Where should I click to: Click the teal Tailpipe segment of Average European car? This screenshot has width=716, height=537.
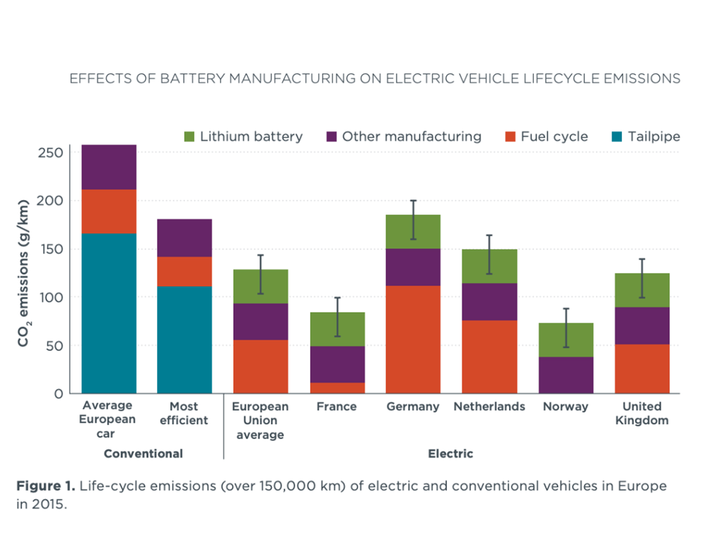[x=109, y=313]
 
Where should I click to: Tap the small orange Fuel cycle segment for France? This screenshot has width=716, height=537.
[x=337, y=388]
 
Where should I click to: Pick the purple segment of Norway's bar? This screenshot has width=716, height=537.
[x=566, y=375]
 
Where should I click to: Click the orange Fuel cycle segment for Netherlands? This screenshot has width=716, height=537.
[x=489, y=357]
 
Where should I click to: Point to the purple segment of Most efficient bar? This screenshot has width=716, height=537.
[x=184, y=238]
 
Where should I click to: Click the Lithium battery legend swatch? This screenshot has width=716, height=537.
[x=189, y=137]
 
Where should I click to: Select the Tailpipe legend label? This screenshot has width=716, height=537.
[x=654, y=137]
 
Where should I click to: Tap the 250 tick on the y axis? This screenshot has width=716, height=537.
[x=51, y=153]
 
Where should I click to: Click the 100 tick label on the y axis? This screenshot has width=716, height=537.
[x=51, y=297]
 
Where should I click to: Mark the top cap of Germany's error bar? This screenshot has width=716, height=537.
[x=413, y=201]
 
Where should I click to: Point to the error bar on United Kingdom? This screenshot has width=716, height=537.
[x=642, y=278]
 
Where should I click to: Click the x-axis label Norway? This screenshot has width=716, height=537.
[x=566, y=406]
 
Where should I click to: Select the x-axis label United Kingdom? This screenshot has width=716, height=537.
[x=642, y=413]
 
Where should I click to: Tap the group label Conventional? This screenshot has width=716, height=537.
[x=143, y=454]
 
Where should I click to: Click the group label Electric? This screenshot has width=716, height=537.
[x=450, y=454]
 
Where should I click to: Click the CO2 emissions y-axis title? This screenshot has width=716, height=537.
[x=23, y=273]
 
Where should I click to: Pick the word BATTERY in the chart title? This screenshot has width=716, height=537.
[x=192, y=78]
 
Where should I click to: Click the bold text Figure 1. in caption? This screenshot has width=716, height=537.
[x=46, y=486]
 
